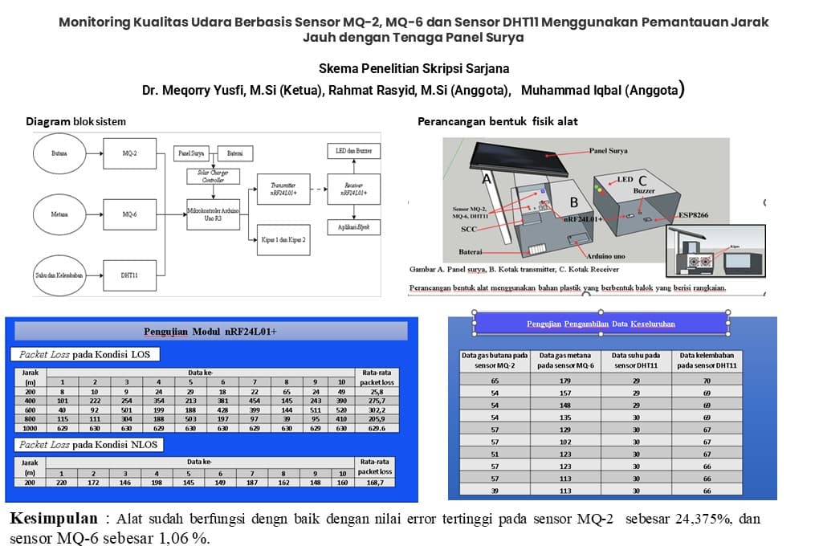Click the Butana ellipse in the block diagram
point(59,153)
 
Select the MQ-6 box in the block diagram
point(129,214)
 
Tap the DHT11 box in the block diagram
point(128,275)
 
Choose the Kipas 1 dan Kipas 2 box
point(283,239)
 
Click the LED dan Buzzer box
point(353,151)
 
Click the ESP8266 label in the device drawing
point(697,215)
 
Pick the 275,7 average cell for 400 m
point(376,399)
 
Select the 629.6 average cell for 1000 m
point(376,428)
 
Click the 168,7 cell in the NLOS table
point(376,482)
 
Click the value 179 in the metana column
point(566,381)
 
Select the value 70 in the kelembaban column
point(707,381)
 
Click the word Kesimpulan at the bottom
point(54,518)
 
